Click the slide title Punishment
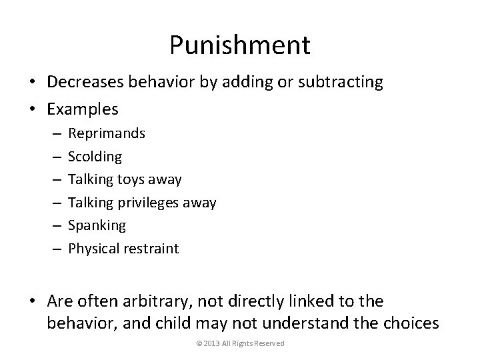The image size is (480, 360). click(x=239, y=45)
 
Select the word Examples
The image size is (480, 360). click(x=82, y=109)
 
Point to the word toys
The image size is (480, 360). click(x=134, y=179)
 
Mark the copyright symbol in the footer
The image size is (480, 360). click(x=199, y=343)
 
